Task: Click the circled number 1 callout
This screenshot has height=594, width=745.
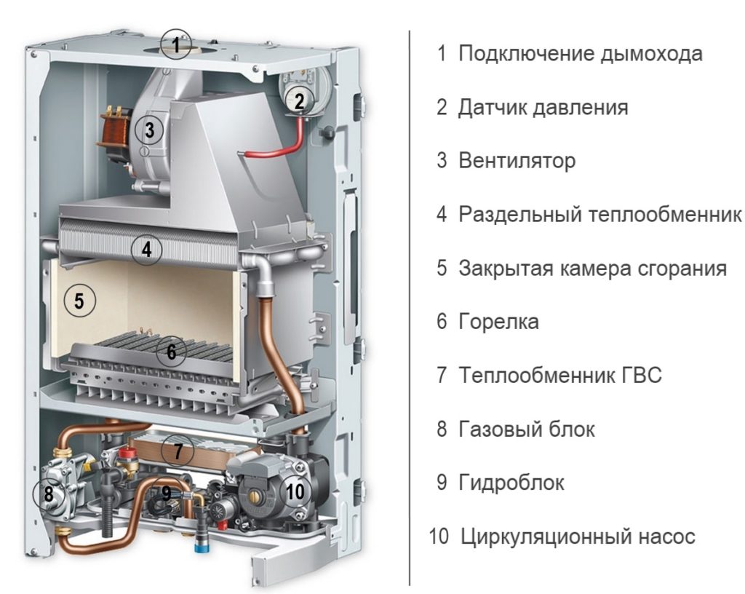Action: coord(175,44)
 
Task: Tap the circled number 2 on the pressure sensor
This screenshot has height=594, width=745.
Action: coord(299,100)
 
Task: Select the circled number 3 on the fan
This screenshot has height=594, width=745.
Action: coord(149,130)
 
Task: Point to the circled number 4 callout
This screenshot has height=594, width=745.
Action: coord(146,249)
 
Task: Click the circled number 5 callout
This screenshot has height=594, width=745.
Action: coord(79,301)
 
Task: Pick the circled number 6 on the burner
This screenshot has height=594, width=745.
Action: coord(172,352)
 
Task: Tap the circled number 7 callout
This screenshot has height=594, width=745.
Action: coord(178,451)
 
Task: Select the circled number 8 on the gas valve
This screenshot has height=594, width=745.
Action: coord(48,494)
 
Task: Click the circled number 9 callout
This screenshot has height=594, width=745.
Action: coord(166,492)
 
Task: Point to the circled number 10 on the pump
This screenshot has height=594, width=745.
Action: coord(295,491)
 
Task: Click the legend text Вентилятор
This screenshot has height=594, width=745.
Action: coord(517,161)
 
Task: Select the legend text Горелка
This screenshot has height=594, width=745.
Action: coord(498,322)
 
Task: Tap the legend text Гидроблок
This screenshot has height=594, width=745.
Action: coord(511,483)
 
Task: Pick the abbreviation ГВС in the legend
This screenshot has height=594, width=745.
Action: coord(641,376)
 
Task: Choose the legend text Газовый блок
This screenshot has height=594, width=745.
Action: coord(527,429)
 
